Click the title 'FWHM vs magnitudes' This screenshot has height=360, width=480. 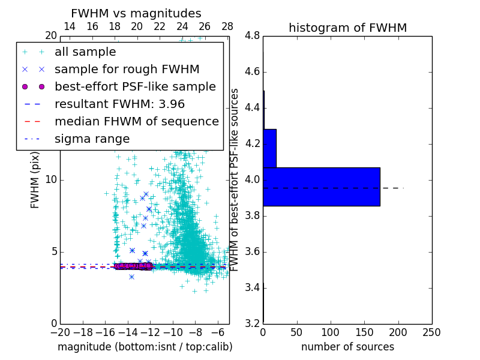[x=136, y=14]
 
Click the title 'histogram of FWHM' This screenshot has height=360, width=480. [x=347, y=28]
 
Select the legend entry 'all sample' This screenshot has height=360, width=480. [x=85, y=52]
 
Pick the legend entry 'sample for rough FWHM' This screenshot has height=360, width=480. [x=127, y=70]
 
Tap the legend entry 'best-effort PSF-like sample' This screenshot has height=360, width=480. [x=135, y=86]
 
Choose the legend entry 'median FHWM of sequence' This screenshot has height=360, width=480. [x=137, y=121]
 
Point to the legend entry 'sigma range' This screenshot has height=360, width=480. [x=92, y=139]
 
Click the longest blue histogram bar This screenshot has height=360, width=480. [x=321, y=187]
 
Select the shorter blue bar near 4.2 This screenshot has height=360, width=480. [x=269, y=148]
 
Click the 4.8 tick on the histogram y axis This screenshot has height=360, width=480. [x=252, y=36]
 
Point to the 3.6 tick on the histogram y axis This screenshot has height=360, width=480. [x=252, y=251]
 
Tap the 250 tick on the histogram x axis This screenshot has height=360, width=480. [x=431, y=332]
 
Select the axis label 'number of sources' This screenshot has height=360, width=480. [x=347, y=347]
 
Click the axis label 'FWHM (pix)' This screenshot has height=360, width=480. [x=35, y=179]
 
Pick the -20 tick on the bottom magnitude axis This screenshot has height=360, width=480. [x=59, y=332]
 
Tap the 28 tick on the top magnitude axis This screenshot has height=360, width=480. [x=227, y=26]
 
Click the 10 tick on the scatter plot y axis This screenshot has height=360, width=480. [x=51, y=180]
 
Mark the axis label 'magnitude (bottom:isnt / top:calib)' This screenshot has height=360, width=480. [x=145, y=347]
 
